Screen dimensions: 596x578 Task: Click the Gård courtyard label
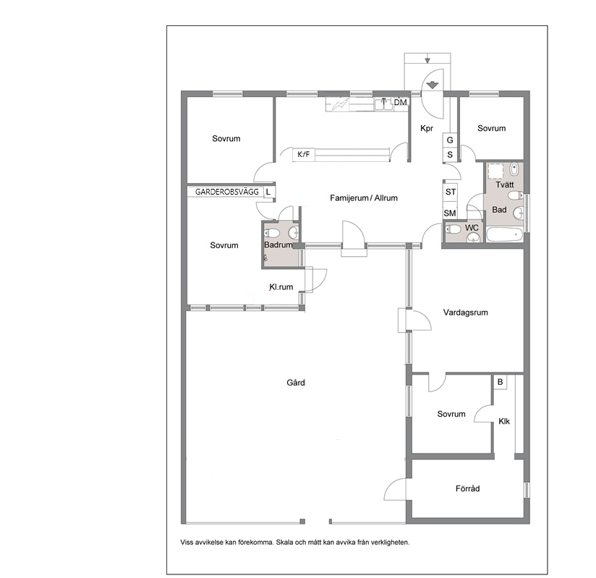tap(296, 383)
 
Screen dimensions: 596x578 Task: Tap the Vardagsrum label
tap(466, 313)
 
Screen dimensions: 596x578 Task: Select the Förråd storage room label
tap(467, 488)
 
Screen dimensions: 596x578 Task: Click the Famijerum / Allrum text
tap(364, 198)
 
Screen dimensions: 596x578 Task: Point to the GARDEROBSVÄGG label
tap(227, 192)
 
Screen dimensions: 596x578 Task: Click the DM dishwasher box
tap(400, 102)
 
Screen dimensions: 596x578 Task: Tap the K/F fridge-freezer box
tap(303, 154)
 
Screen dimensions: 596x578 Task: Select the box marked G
tap(450, 140)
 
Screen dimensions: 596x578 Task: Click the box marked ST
tap(451, 192)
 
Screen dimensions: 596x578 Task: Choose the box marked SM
tap(450, 213)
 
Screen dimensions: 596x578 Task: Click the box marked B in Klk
tap(501, 382)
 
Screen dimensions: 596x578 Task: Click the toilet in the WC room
tap(452, 229)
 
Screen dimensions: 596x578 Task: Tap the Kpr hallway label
tap(427, 129)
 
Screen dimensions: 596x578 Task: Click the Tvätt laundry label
tap(504, 184)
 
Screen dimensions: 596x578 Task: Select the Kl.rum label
tap(281, 287)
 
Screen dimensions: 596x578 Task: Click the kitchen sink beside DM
tap(383, 104)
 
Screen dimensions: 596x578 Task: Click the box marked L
tap(268, 192)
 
